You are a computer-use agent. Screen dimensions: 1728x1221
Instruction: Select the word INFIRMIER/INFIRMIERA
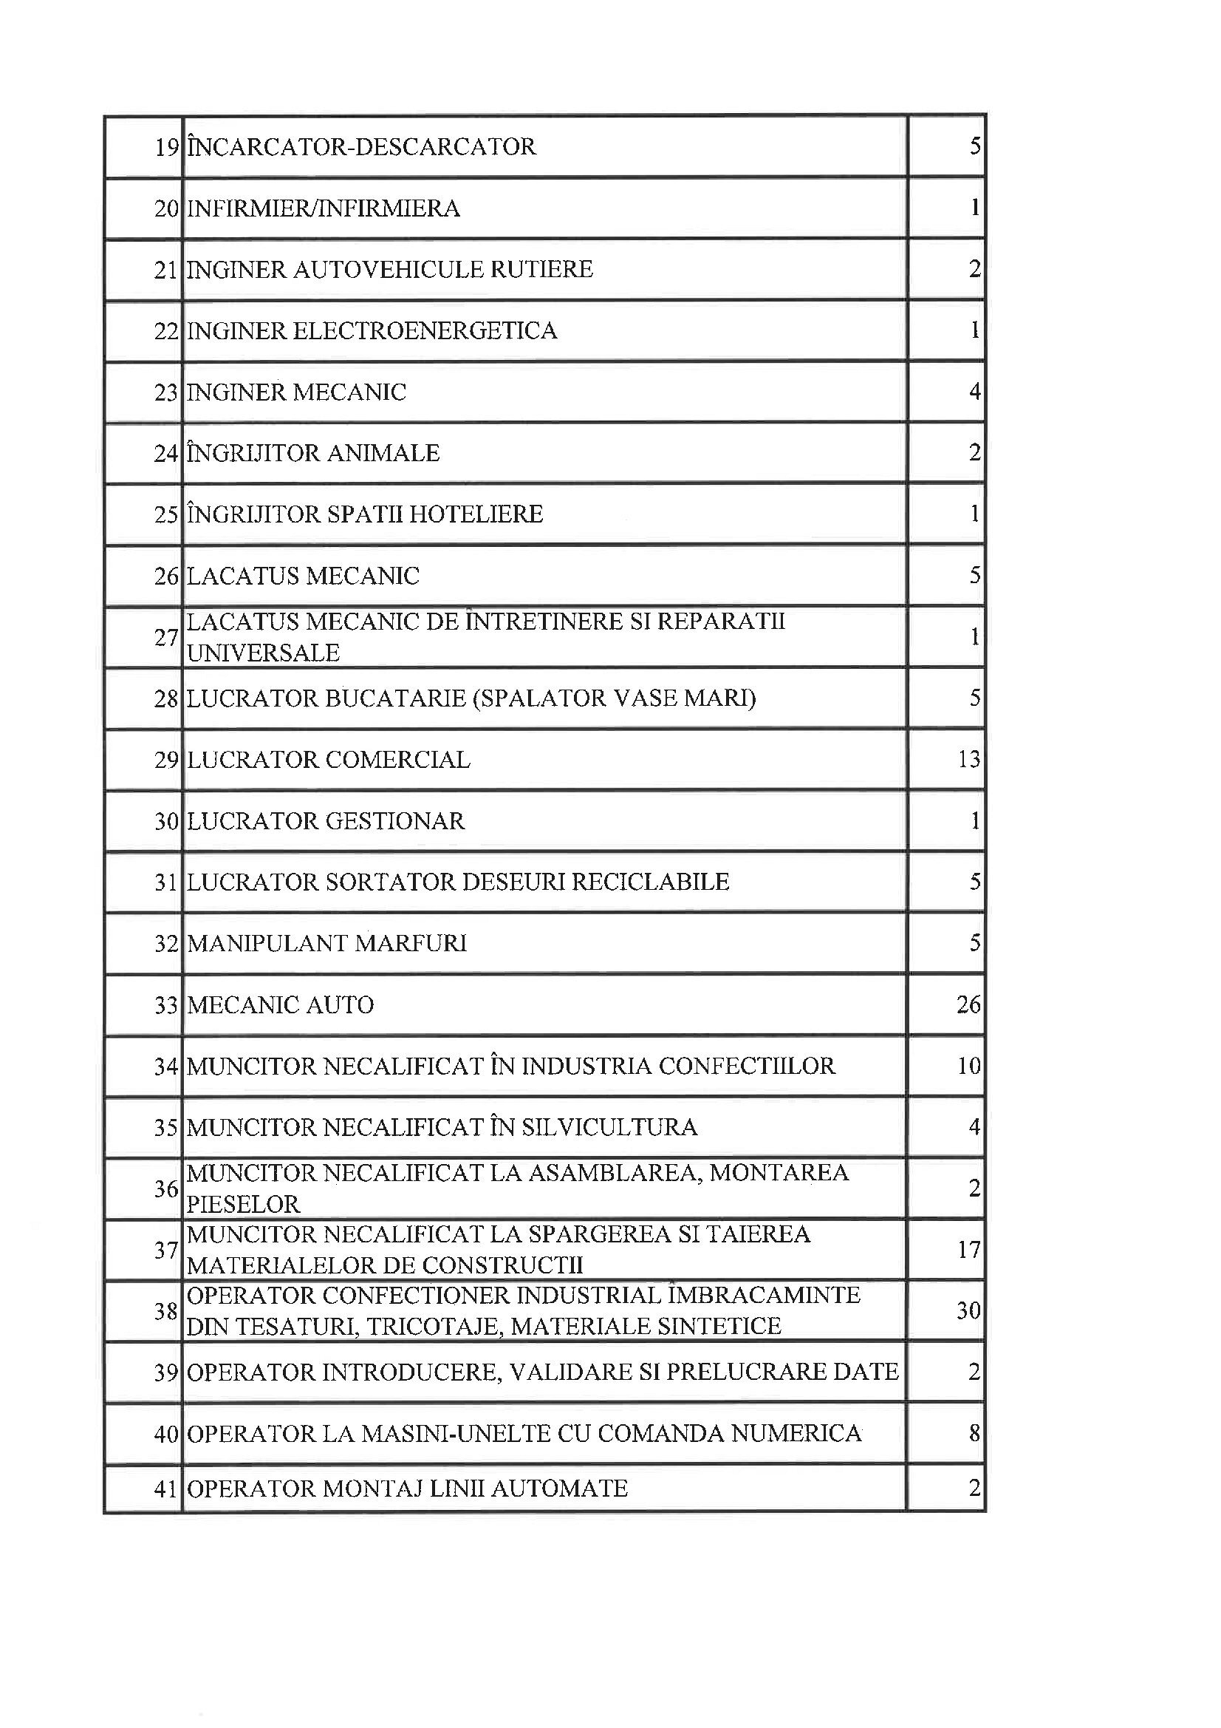(323, 208)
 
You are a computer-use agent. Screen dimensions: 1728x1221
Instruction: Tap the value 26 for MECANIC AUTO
(968, 1004)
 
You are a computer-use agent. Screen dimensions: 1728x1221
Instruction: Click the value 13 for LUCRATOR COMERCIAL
(969, 759)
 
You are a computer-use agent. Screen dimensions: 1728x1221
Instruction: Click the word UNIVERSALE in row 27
(263, 653)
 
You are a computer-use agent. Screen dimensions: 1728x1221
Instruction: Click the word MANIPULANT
(267, 944)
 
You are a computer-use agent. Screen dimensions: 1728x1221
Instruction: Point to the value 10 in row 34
(969, 1067)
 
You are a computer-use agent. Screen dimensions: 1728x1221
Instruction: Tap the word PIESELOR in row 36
(243, 1205)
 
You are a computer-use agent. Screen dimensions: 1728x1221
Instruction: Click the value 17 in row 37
(969, 1250)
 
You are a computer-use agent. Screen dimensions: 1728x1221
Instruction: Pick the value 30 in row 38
(969, 1311)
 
